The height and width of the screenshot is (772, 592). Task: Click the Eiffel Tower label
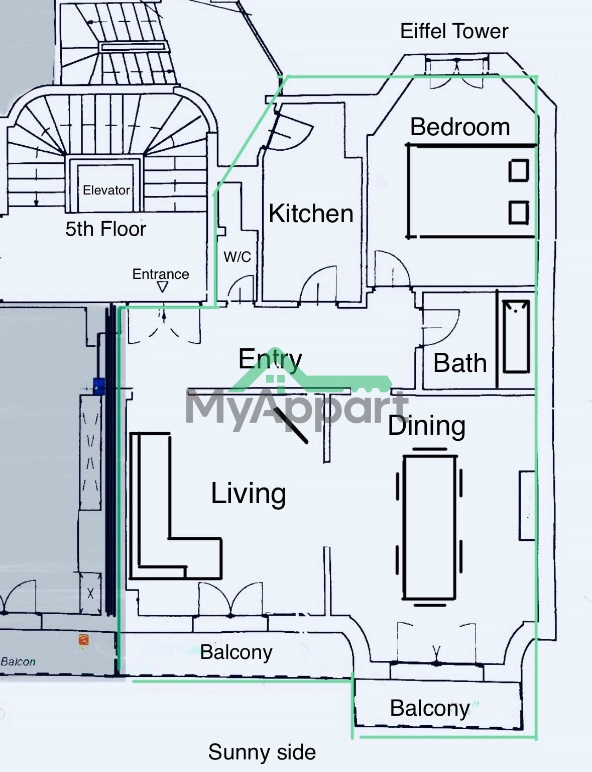[x=454, y=31]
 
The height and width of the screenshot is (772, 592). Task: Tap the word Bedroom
[x=460, y=127]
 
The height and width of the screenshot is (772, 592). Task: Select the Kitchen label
[x=311, y=214]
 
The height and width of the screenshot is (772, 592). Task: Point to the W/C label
[x=237, y=256]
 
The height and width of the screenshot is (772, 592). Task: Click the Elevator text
[x=106, y=190]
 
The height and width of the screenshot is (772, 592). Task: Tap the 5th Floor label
[x=106, y=229]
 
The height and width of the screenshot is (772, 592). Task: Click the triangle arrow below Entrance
[x=163, y=286]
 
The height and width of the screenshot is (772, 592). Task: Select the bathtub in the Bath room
[x=516, y=336]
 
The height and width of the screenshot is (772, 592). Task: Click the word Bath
[x=460, y=363]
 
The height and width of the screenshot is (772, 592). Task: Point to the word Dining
[x=427, y=426]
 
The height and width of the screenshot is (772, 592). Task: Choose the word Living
[x=249, y=494]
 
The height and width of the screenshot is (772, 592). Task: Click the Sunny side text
[x=262, y=752]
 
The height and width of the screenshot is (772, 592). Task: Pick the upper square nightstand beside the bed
[x=519, y=171]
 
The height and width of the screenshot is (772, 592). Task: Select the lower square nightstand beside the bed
[x=519, y=213]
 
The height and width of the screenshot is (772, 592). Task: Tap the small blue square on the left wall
[x=99, y=387]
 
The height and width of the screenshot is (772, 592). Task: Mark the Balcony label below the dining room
[x=430, y=708]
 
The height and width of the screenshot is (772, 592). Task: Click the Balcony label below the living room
[x=236, y=652]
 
